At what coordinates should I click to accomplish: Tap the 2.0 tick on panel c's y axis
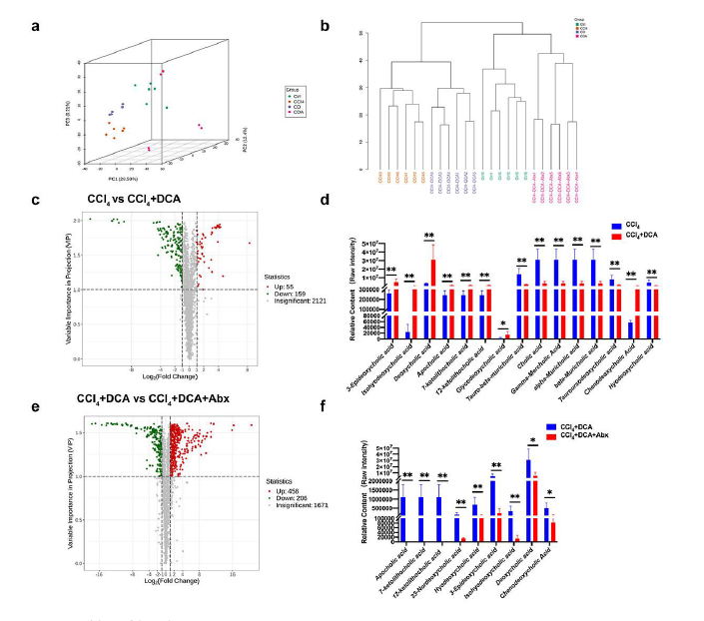tap(77, 220)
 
